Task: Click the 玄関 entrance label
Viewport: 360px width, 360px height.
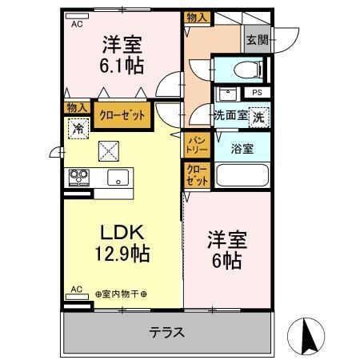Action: coord(257,41)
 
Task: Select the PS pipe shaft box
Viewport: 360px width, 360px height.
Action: coord(257,93)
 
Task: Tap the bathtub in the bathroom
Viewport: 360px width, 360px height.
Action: coord(242,175)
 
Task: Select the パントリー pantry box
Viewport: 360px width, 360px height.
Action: coord(197,145)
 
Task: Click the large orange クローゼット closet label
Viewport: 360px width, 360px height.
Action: coord(122,115)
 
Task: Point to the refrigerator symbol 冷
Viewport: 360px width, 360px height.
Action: coord(78,126)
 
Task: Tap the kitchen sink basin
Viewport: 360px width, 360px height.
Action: coord(117,178)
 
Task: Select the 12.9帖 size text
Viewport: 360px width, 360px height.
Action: coord(123,254)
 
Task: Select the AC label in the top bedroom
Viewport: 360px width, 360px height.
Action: coord(77,24)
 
